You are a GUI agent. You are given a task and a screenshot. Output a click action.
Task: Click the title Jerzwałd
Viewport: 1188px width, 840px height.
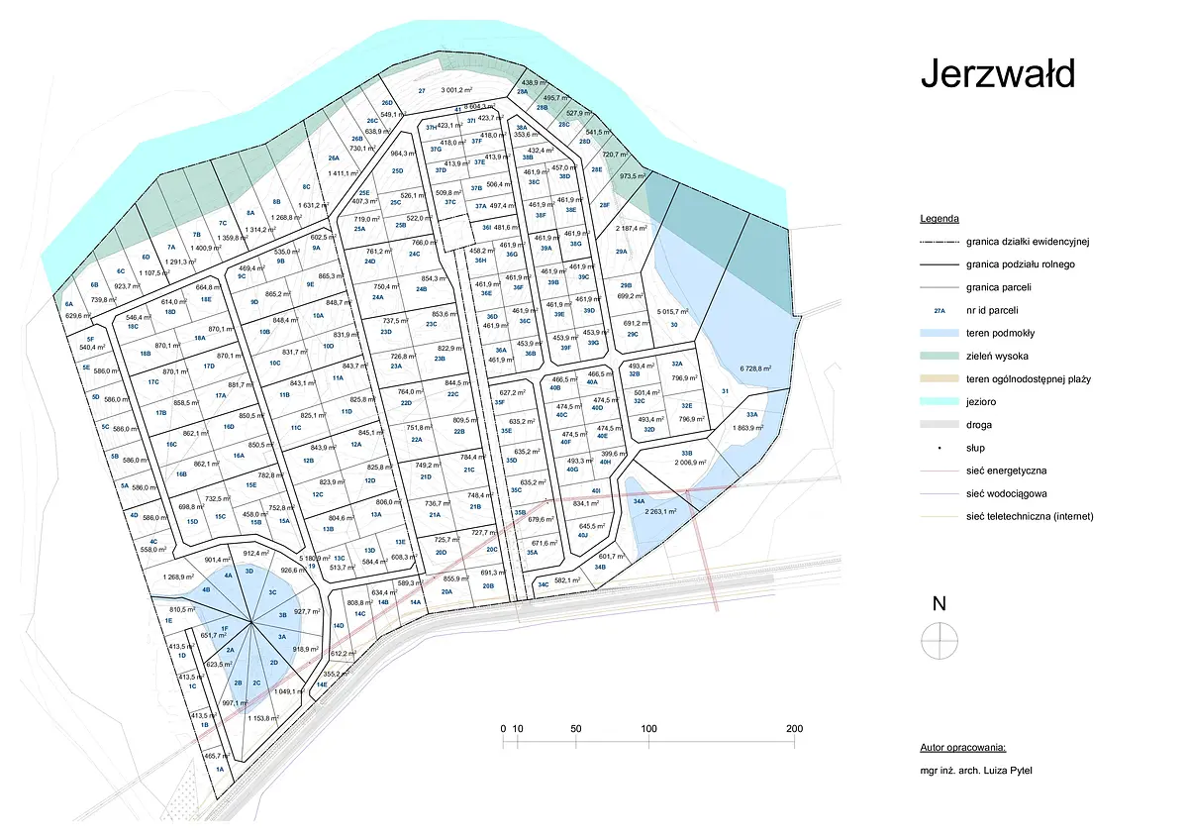coord(997,73)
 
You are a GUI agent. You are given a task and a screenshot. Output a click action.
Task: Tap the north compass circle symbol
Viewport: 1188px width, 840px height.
coord(940,641)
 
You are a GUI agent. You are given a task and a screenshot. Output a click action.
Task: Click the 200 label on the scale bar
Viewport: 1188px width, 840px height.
coord(793,729)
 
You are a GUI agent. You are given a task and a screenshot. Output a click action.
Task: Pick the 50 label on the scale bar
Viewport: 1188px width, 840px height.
coord(576,729)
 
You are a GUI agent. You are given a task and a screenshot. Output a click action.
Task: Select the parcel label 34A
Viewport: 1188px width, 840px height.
coord(639,501)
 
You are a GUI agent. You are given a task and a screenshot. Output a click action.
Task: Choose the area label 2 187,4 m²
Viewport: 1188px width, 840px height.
coord(635,230)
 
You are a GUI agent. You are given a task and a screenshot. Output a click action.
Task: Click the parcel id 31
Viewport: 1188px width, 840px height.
coord(725,392)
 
